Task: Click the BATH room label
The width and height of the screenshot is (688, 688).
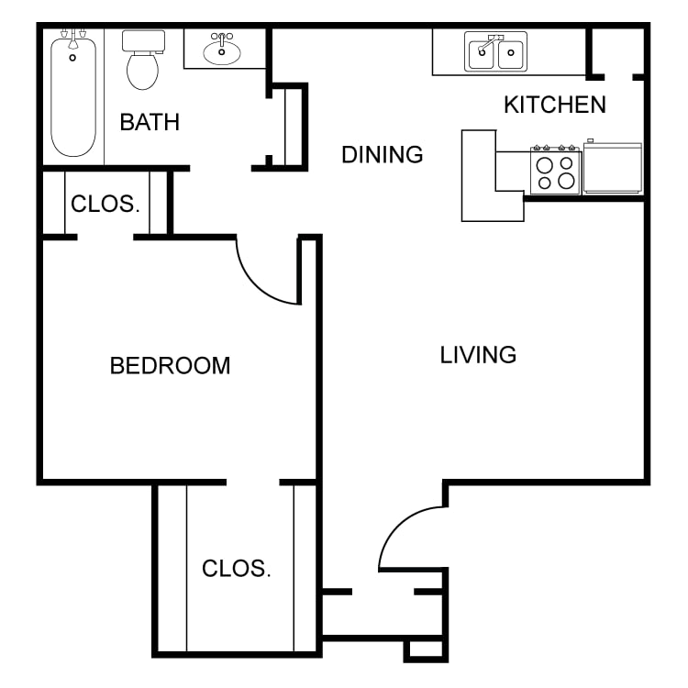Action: [x=150, y=122]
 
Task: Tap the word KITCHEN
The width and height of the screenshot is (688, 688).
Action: [x=555, y=105]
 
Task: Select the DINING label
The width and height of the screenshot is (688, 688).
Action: [x=383, y=154]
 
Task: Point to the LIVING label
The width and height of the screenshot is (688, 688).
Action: [x=478, y=354]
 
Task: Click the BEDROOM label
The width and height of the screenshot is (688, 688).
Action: [x=171, y=365]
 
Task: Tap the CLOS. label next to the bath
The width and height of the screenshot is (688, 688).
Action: [x=105, y=204]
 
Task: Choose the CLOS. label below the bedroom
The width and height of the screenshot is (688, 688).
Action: [x=237, y=569]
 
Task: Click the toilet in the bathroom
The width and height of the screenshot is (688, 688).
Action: [x=143, y=60]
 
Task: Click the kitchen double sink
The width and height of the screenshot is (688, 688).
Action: [x=495, y=51]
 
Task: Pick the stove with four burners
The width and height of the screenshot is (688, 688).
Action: [x=556, y=170]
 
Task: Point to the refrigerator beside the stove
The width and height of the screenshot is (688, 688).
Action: [x=613, y=167]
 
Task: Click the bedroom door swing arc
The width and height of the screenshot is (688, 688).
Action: [x=262, y=281]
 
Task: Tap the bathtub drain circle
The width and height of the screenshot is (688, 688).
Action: [x=72, y=58]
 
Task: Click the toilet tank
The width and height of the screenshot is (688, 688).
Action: [x=143, y=40]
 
